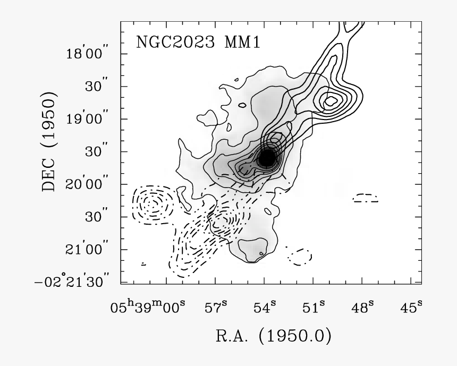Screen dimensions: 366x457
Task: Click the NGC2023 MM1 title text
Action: [198, 42]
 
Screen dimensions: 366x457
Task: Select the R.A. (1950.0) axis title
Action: [274, 336]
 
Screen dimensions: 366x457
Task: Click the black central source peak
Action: [266, 157]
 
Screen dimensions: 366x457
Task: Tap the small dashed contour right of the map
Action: [367, 198]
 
